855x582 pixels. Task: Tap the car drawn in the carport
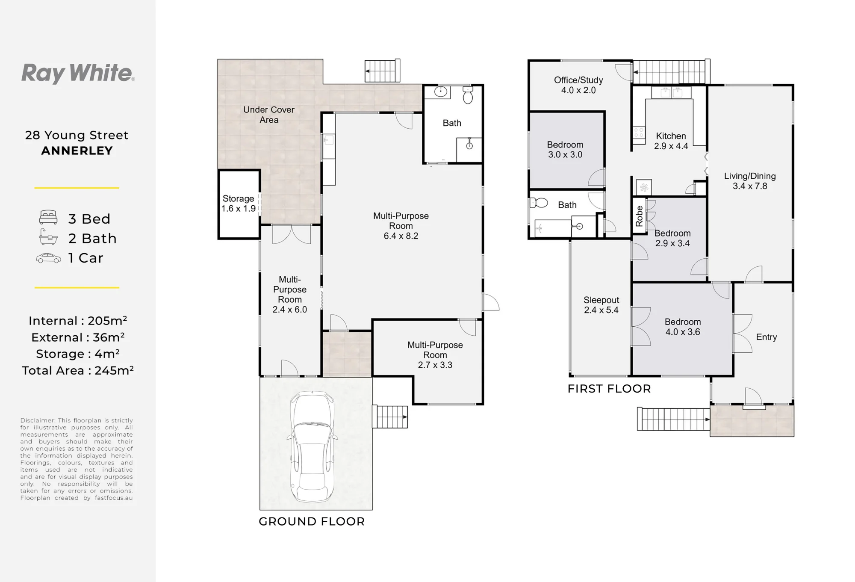click(312, 447)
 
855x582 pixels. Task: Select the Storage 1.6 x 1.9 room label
click(238, 204)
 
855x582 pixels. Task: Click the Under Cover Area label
click(269, 115)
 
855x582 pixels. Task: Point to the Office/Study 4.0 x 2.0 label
click(578, 85)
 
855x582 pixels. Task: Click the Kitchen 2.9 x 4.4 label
click(671, 141)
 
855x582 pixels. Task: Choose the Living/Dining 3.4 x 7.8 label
click(750, 181)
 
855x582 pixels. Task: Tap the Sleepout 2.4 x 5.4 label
click(601, 305)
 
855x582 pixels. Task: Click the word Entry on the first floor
click(767, 337)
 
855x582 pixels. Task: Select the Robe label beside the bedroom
click(639, 216)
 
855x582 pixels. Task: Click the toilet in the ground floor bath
click(468, 95)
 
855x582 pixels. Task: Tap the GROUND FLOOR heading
click(312, 522)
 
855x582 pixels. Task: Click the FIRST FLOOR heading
click(609, 389)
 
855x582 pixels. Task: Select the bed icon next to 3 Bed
click(48, 217)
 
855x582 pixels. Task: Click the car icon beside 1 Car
click(49, 258)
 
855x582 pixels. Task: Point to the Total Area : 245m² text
click(78, 370)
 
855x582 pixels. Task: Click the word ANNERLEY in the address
click(77, 151)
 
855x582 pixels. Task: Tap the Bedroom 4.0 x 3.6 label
click(683, 327)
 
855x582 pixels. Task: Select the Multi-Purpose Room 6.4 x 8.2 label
click(401, 226)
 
